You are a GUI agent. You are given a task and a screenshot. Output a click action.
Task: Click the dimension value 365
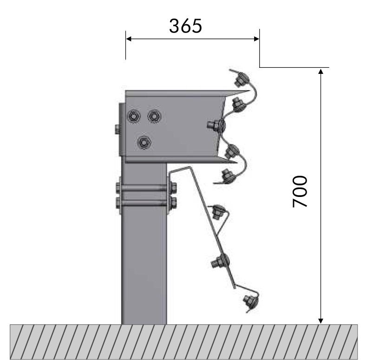click(x=185, y=26)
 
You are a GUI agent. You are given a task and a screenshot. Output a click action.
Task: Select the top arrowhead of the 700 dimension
click(x=320, y=72)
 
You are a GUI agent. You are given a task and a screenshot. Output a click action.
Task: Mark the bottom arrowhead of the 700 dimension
click(x=320, y=320)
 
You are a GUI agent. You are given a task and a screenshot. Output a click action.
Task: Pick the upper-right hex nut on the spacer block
click(x=154, y=116)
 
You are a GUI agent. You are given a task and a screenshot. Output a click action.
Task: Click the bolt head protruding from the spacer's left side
click(x=115, y=129)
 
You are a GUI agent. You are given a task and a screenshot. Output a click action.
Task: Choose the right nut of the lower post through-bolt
click(x=173, y=202)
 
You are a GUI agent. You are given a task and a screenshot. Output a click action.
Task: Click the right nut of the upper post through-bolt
click(x=173, y=188)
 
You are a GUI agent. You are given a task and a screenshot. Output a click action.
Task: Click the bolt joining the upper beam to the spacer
click(x=215, y=124)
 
